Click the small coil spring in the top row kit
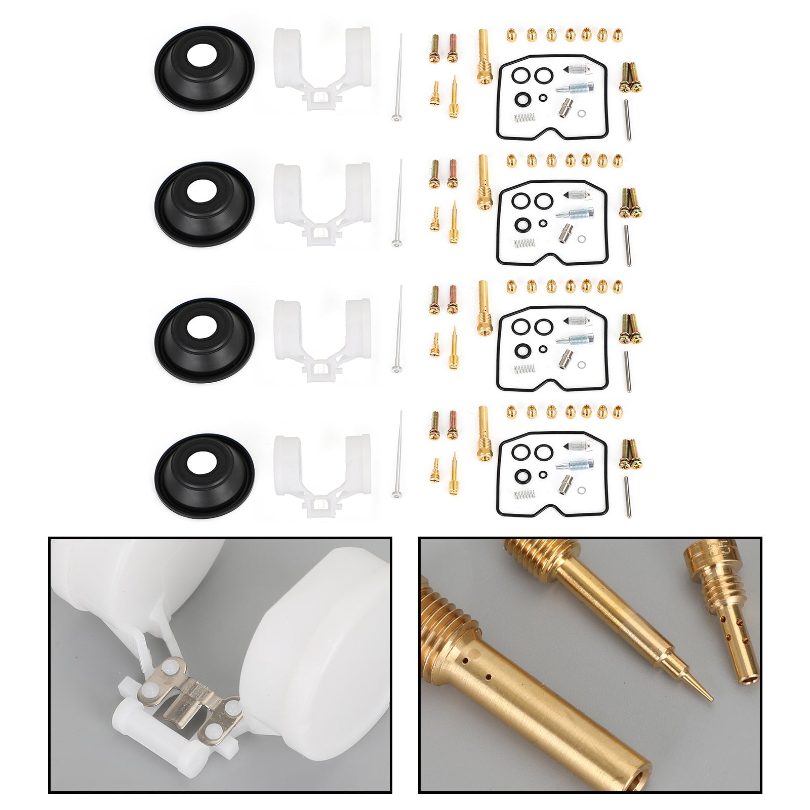coord(524,118)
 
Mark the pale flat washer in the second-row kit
coord(582,239)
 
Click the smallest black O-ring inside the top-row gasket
coord(543,98)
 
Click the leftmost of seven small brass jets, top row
coord(510,35)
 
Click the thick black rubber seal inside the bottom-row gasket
coord(520,475)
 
